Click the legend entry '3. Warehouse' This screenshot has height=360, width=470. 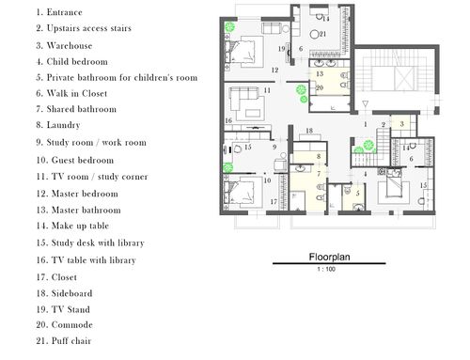click(64, 45)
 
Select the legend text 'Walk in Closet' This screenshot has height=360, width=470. click(77, 93)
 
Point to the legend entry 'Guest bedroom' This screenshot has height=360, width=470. click(83, 160)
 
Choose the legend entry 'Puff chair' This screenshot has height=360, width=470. click(71, 340)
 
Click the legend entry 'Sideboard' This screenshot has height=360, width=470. click(71, 293)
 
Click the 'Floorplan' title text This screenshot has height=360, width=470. click(329, 258)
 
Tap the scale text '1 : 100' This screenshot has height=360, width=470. click(326, 269)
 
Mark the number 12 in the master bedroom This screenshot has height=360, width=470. click(274, 70)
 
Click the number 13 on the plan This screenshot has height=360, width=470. click(320, 74)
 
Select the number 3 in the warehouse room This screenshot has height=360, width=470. click(402, 124)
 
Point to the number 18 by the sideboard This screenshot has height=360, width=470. click(309, 131)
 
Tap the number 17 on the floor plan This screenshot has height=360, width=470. click(274, 202)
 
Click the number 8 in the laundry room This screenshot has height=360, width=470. click(319, 156)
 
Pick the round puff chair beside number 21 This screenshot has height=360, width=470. click(314, 35)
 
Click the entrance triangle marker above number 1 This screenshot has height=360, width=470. click(365, 103)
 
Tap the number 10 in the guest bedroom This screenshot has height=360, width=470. click(267, 180)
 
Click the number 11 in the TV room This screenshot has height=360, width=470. click(267, 90)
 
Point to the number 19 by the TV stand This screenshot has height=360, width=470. click(281, 49)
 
